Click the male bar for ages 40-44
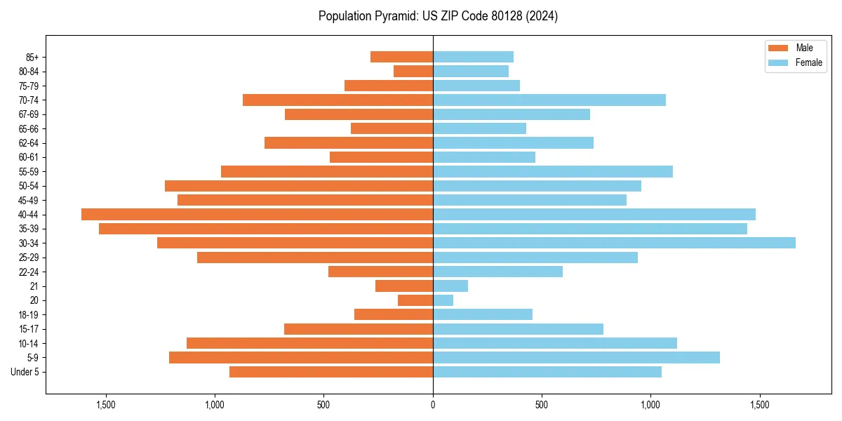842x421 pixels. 257,214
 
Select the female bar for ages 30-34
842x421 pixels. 614,243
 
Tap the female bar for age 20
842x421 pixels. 443,300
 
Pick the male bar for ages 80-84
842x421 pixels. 413,71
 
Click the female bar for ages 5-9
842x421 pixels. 576,357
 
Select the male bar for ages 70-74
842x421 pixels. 338,100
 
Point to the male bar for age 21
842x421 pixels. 404,286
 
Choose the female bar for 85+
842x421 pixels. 473,57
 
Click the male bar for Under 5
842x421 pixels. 331,372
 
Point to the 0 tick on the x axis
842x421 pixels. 433,405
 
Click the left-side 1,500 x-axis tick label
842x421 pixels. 106,405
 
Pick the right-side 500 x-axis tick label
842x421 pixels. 541,405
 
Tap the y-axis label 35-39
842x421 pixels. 29,229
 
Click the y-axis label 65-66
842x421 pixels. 29,128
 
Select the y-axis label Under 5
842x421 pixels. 25,372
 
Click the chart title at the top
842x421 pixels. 438,16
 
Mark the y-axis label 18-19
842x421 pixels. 29,314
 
